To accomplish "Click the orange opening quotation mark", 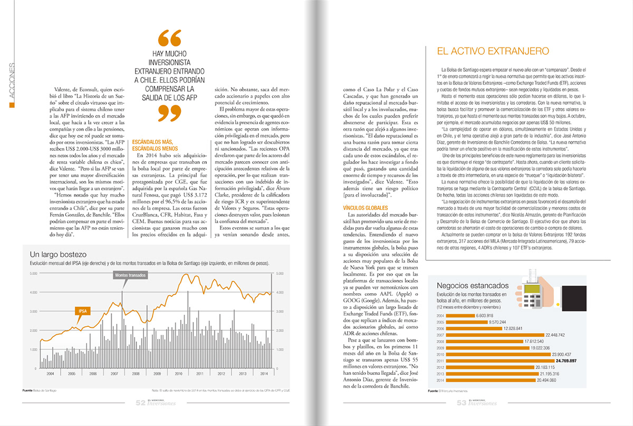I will [x=169, y=38].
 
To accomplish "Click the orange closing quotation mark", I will [x=169, y=112].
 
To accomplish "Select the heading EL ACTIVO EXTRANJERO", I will [x=493, y=51].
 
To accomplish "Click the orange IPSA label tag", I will [x=83, y=311].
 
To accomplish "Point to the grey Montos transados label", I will [x=130, y=275].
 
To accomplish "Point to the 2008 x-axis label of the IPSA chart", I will [x=136, y=373].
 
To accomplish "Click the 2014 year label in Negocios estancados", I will [x=439, y=380].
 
